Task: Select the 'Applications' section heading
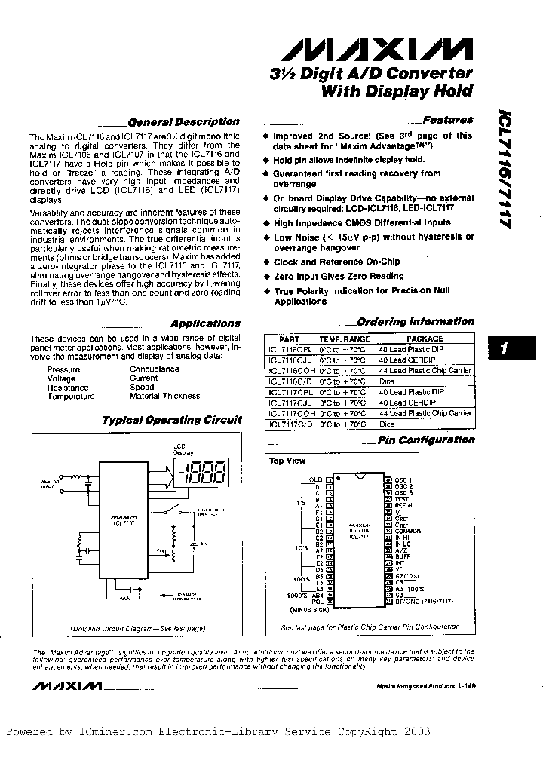click(205, 323)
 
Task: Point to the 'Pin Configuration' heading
click(425, 440)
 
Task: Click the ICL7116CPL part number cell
click(290, 350)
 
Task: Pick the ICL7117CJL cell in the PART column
click(290, 403)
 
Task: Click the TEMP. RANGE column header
click(345, 339)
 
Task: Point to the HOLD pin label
click(312, 480)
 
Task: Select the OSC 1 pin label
click(404, 480)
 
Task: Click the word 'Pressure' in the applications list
click(63, 369)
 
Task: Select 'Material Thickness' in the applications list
click(164, 396)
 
